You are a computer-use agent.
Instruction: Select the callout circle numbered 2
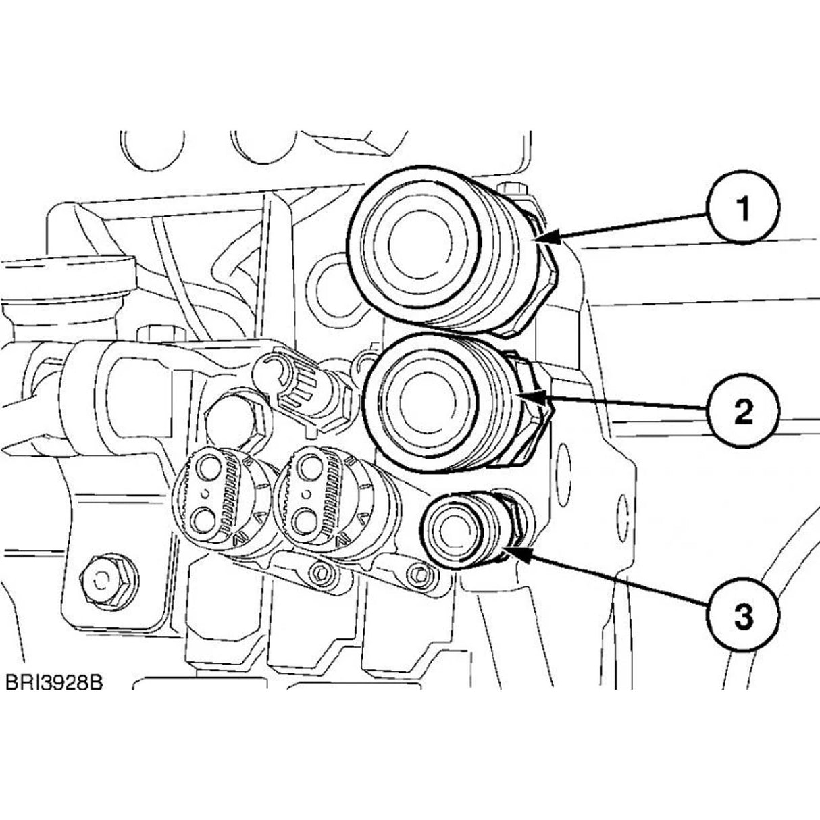point(744,411)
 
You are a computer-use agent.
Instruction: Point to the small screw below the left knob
point(319,573)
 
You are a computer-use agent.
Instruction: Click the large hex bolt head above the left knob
point(233,419)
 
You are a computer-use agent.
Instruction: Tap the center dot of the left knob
point(205,494)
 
